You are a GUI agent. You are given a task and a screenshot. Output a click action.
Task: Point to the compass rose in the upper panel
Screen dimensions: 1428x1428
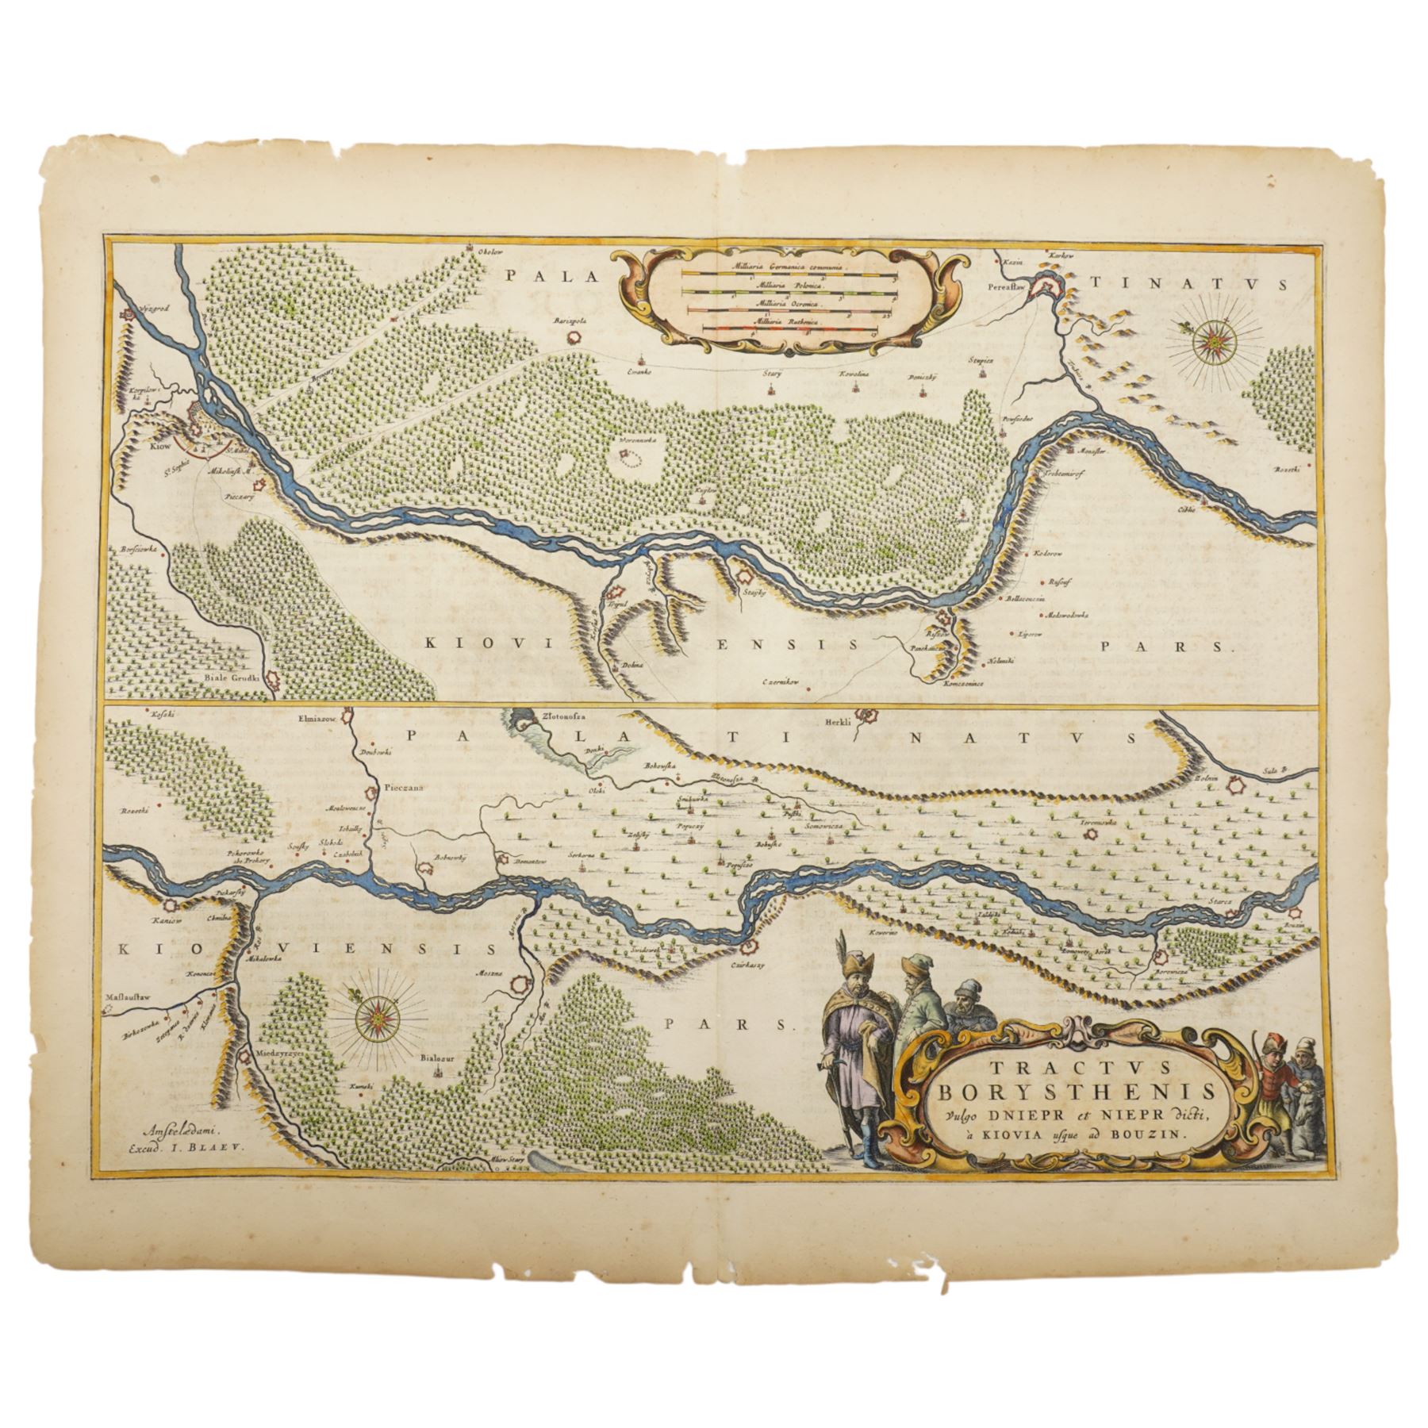[x=1213, y=342]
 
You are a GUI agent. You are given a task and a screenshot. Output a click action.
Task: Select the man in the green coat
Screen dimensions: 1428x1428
[x=920, y=1023]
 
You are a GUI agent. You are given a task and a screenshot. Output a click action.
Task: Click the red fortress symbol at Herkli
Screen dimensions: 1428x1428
[x=868, y=717]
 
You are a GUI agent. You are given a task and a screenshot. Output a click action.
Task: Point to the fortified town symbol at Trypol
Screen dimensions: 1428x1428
[x=616, y=591]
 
